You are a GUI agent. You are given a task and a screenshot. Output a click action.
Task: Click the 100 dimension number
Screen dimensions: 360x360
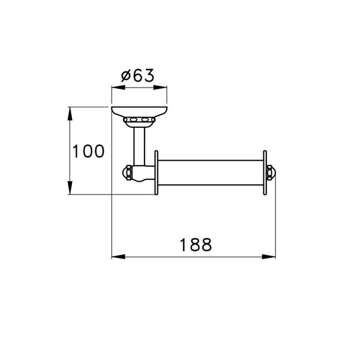click(88, 151)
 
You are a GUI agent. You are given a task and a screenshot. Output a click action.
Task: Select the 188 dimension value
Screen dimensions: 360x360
click(195, 245)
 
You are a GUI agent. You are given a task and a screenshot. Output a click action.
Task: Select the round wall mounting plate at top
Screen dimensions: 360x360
click(139, 112)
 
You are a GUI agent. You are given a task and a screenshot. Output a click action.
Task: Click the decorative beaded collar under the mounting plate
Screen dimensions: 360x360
click(139, 122)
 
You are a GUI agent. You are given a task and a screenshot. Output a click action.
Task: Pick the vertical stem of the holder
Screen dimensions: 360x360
click(139, 147)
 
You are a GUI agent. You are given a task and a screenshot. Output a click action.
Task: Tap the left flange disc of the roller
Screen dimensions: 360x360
click(156, 173)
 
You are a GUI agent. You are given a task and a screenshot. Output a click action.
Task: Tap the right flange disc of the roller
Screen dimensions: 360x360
click(264, 173)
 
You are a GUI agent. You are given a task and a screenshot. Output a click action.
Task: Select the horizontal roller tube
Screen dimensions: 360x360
click(210, 173)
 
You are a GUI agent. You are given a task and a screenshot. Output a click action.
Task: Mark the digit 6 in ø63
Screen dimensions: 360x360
click(137, 76)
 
